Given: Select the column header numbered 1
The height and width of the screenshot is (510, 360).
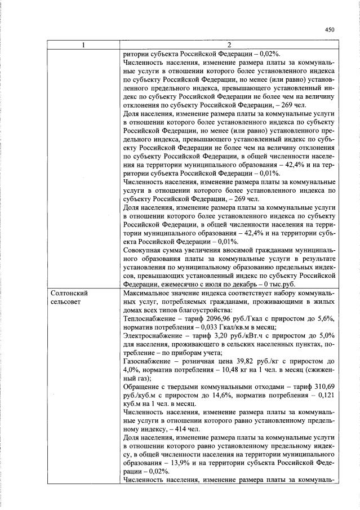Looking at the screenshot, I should coord(83,45).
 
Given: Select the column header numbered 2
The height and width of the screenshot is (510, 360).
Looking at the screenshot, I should coord(229,45).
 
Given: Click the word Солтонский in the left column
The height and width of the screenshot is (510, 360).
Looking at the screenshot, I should coord(69,294).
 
